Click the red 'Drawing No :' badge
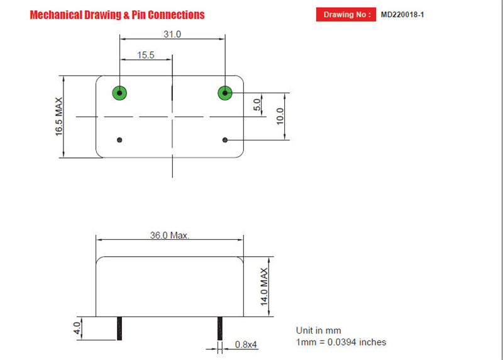(346, 14)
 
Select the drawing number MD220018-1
(402, 14)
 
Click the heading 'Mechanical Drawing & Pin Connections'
(117, 14)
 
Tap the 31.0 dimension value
(172, 34)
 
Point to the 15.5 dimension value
(146, 55)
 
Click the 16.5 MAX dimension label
(58, 116)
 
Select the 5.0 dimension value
(257, 104)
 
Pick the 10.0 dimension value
(280, 116)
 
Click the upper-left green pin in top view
(119, 93)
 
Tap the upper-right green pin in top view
(225, 93)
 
